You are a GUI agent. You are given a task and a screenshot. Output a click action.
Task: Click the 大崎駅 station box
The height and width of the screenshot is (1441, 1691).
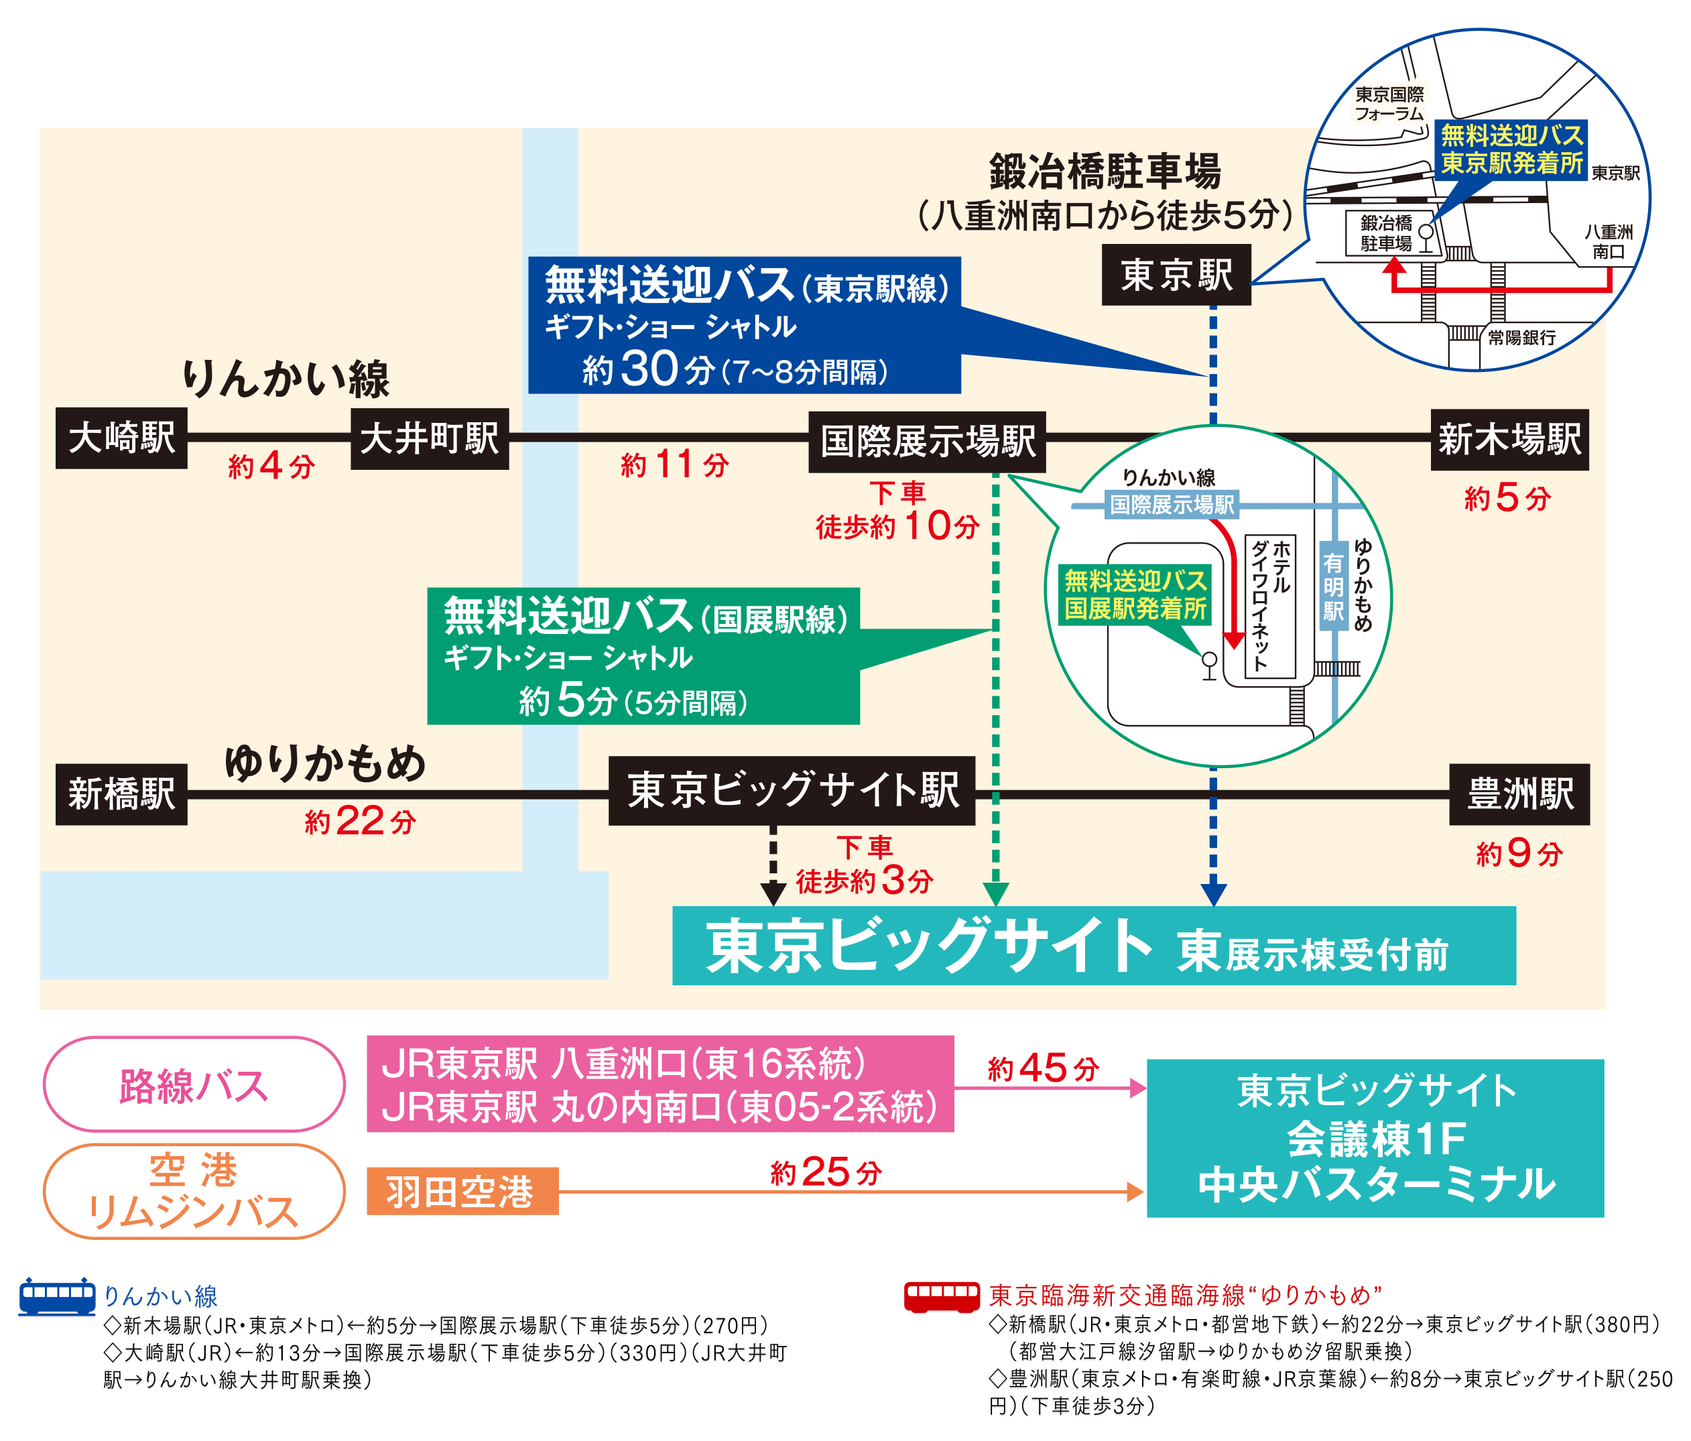[121, 439]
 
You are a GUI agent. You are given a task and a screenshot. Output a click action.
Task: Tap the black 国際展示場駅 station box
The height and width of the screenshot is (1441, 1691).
[927, 442]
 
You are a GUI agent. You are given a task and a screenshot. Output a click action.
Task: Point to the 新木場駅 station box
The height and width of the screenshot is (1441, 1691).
[1509, 440]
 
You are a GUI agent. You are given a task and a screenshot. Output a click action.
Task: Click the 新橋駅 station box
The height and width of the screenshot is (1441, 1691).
[121, 794]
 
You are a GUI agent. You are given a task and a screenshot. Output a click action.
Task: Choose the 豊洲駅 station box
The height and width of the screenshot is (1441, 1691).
[1519, 794]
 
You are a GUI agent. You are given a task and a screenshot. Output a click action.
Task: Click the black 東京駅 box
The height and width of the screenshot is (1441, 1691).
[1176, 275]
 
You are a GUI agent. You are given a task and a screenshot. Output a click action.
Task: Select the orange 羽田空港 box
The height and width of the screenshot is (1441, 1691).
[462, 1191]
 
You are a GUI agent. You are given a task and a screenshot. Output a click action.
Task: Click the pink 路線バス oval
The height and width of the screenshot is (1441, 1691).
[194, 1084]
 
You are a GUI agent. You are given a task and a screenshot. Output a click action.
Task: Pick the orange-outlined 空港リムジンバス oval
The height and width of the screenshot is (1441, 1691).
[194, 1191]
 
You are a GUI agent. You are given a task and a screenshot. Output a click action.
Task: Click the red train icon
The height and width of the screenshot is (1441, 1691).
[941, 1297]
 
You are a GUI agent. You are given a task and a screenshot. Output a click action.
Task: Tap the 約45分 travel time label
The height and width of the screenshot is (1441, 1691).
[1043, 1068]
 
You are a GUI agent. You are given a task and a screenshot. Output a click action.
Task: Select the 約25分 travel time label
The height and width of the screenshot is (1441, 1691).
[826, 1172]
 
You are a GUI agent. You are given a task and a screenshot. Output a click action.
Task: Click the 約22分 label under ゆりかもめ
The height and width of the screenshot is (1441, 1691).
[360, 821]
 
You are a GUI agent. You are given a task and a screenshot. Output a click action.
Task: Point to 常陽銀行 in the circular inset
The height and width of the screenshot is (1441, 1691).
[1521, 337]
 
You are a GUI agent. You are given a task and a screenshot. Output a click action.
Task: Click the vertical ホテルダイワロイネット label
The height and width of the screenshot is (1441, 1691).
[1271, 605]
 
